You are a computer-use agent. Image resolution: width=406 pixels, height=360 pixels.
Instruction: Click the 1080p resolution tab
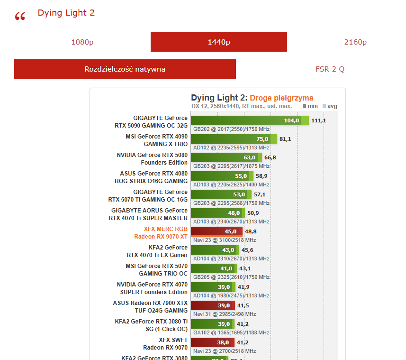point(82,42)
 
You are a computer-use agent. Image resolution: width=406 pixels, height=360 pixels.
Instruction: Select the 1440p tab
point(219,42)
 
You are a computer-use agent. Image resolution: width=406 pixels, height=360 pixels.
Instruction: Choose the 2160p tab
point(355,42)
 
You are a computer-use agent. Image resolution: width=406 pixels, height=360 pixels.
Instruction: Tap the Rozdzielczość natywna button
point(125,69)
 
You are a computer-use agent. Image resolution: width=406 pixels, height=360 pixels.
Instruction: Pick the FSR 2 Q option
point(330,69)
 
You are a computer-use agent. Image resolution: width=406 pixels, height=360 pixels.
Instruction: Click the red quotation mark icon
point(20,17)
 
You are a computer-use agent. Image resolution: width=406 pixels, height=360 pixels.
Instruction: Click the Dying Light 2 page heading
point(66,13)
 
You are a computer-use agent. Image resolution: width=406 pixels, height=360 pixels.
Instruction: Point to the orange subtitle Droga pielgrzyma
point(281,98)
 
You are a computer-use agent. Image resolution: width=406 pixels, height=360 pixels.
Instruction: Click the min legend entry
point(310,106)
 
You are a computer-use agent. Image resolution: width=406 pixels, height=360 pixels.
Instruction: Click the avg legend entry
point(330,106)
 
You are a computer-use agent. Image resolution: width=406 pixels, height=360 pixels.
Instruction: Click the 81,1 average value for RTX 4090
point(285,139)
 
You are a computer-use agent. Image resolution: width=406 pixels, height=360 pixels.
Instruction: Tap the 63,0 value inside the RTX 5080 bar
point(249,157)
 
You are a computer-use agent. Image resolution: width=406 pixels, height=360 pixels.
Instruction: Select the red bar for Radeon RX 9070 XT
point(216,231)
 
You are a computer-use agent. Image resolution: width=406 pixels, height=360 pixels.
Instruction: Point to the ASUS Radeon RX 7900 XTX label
point(150,303)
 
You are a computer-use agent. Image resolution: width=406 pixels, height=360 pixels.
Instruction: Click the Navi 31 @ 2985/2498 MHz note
point(225,314)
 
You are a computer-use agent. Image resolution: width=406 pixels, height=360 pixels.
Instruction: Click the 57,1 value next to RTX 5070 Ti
point(260,194)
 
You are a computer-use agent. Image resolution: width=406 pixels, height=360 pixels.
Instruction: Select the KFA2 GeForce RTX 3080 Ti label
point(151,321)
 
